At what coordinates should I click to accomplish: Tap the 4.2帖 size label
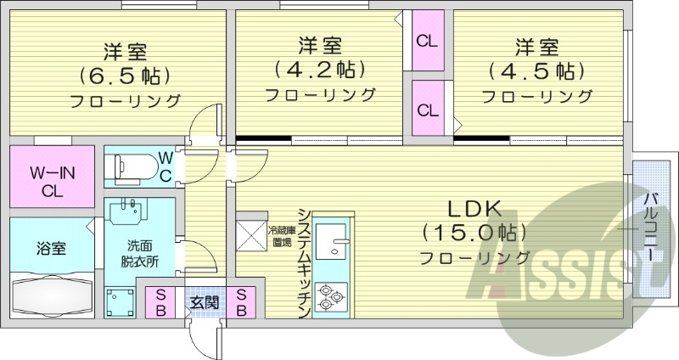click(319, 67)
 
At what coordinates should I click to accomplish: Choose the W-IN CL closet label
click(53, 182)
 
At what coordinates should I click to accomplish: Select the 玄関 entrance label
click(204, 302)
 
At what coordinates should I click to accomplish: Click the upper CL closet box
click(427, 40)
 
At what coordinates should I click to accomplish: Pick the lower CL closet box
click(427, 109)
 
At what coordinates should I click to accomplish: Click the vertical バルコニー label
click(648, 228)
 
